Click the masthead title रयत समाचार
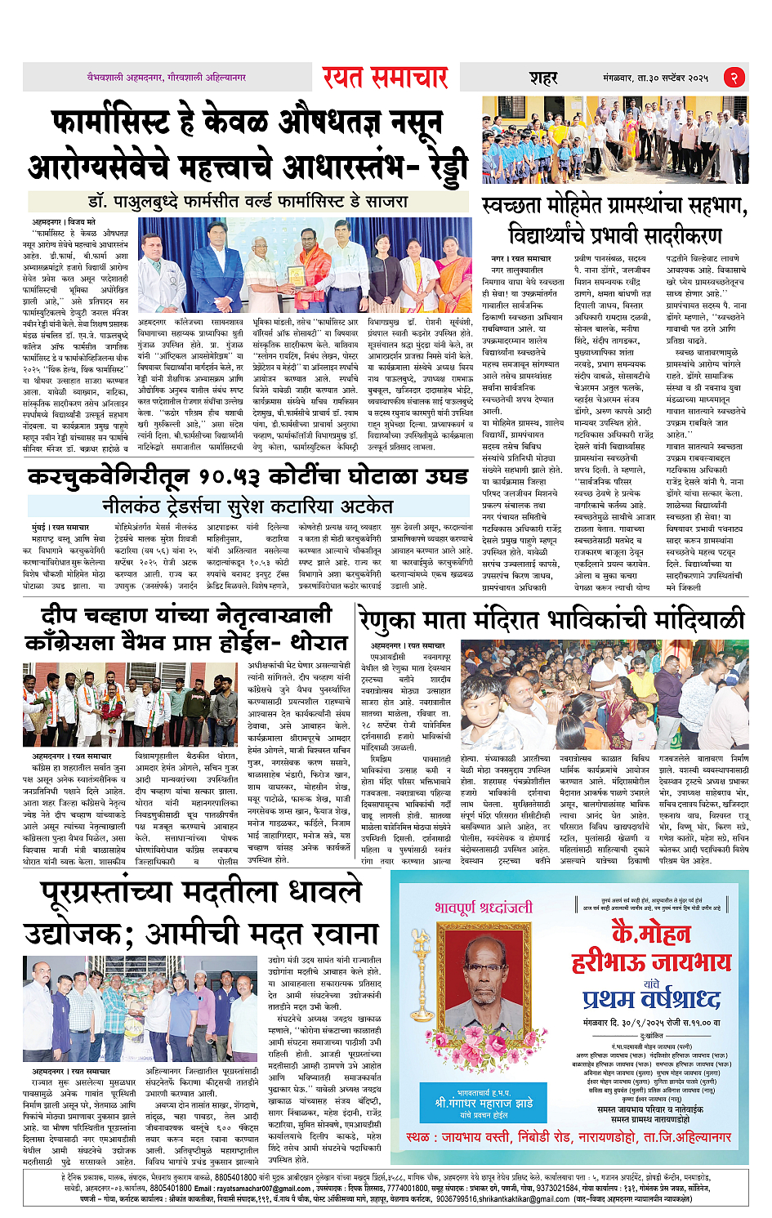click(385, 78)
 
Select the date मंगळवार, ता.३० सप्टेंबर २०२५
click(656, 78)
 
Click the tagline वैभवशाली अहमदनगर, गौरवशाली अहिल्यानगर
click(167, 78)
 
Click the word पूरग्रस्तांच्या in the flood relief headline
click(131, 893)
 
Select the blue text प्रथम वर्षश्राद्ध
click(651, 999)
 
